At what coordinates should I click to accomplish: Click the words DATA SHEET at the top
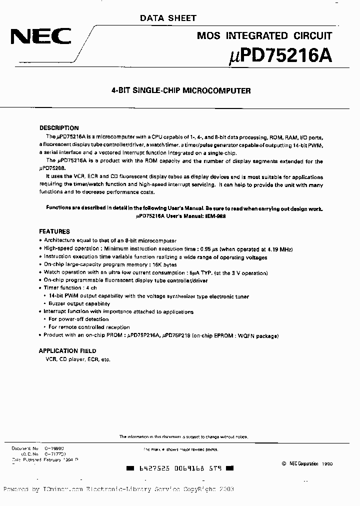[x=167, y=18]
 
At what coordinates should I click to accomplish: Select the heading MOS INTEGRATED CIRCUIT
[x=264, y=36]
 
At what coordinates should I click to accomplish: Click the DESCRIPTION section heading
[x=59, y=128]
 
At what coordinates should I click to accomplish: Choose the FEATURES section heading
[x=54, y=231]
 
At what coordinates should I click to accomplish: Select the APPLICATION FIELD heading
[x=67, y=351]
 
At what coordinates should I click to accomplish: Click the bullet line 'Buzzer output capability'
[x=79, y=303]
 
